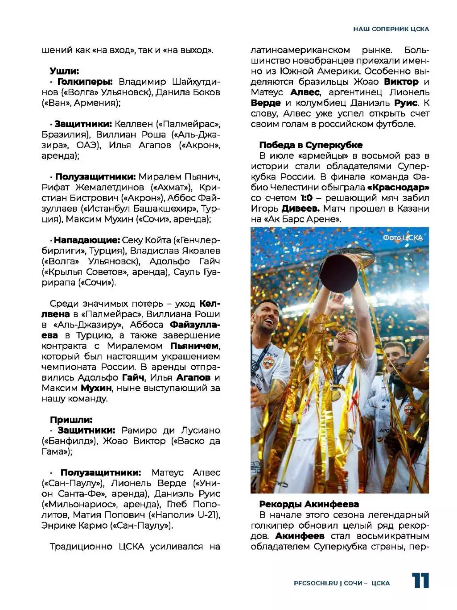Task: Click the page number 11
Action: point(420,581)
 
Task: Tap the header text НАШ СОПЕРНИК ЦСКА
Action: point(391,29)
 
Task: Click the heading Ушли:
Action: point(64,71)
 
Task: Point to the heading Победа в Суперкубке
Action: point(311,145)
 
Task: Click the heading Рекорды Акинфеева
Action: point(309,504)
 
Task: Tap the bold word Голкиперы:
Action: point(85,82)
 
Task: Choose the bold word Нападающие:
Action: point(87,240)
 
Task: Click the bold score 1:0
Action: point(306,198)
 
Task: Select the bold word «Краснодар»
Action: point(398,188)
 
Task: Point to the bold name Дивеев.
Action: point(301,209)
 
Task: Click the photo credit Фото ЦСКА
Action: point(402,238)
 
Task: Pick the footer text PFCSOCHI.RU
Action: point(316,583)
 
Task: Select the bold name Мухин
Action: point(96,388)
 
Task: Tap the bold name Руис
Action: point(406,103)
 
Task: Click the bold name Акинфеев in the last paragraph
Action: point(300,536)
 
